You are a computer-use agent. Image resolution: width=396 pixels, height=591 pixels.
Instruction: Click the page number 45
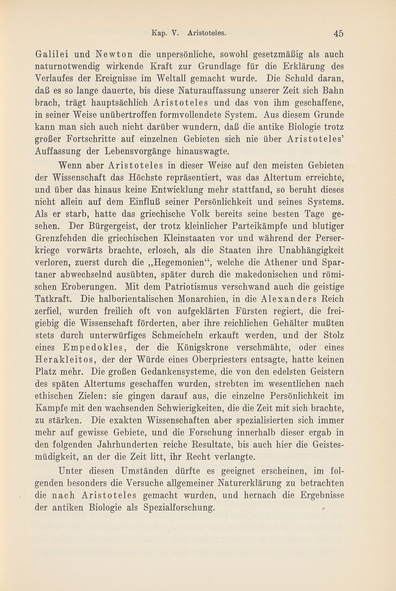[339, 33]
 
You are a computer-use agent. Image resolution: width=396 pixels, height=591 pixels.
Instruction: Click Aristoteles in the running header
[207, 33]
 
